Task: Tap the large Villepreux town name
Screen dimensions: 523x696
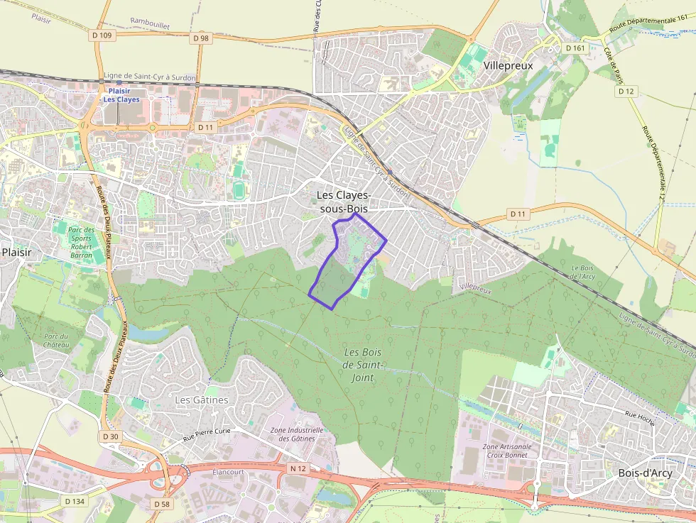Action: coord(508,65)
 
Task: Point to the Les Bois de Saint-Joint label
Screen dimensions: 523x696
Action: coord(362,365)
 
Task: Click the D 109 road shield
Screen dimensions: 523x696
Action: coord(102,35)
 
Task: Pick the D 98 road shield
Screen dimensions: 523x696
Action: coord(201,38)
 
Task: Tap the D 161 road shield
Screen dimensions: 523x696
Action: coord(575,48)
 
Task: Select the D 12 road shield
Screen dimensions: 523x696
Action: coord(626,92)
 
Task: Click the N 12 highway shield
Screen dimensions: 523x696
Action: coord(298,468)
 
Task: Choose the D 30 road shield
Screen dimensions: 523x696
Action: coord(110,436)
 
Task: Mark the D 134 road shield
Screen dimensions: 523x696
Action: coord(75,501)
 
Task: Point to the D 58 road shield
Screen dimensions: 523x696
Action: coord(162,503)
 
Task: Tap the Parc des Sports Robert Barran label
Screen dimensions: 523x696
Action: coord(81,242)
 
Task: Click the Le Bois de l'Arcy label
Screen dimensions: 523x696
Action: coord(583,272)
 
